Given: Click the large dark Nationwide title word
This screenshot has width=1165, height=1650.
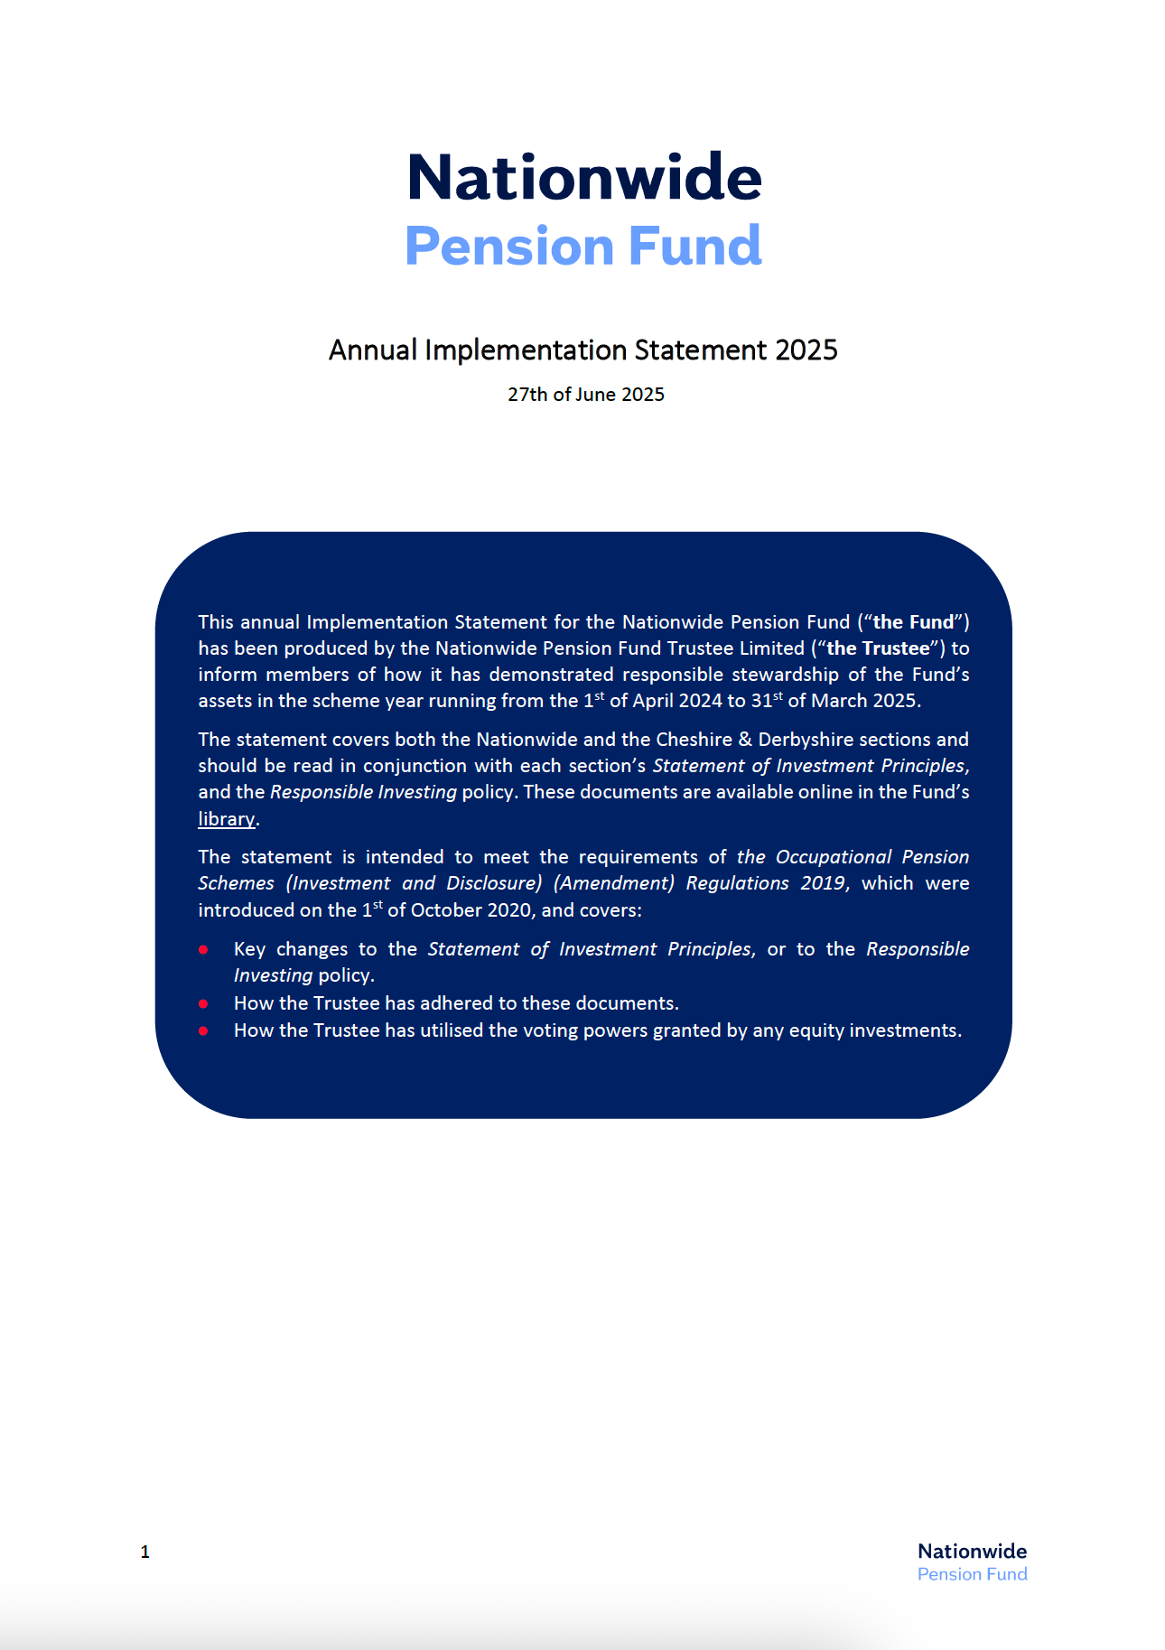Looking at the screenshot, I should [584, 177].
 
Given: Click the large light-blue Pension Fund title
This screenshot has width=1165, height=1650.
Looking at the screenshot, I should [583, 246].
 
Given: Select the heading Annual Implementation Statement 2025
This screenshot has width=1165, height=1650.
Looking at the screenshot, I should [582, 350].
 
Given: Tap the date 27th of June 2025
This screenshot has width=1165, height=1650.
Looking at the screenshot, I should [585, 395].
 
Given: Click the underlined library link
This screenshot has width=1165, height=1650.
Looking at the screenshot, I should [226, 819].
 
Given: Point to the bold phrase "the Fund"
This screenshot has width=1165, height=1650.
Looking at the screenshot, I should [913, 622].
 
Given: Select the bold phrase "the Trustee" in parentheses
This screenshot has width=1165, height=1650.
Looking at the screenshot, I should [878, 648].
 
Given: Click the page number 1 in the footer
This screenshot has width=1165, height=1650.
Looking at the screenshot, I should [145, 1552].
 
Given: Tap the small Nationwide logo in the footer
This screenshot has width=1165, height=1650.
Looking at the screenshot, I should [972, 1561].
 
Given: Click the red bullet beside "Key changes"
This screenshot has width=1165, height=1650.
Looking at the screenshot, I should [204, 949].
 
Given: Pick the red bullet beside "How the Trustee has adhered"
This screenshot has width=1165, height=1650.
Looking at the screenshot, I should [204, 1003].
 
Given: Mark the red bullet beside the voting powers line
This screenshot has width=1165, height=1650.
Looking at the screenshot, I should [204, 1030].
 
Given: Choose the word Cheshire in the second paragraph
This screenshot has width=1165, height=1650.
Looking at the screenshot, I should [694, 740].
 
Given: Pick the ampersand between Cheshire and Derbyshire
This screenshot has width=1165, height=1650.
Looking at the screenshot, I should [745, 740].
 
